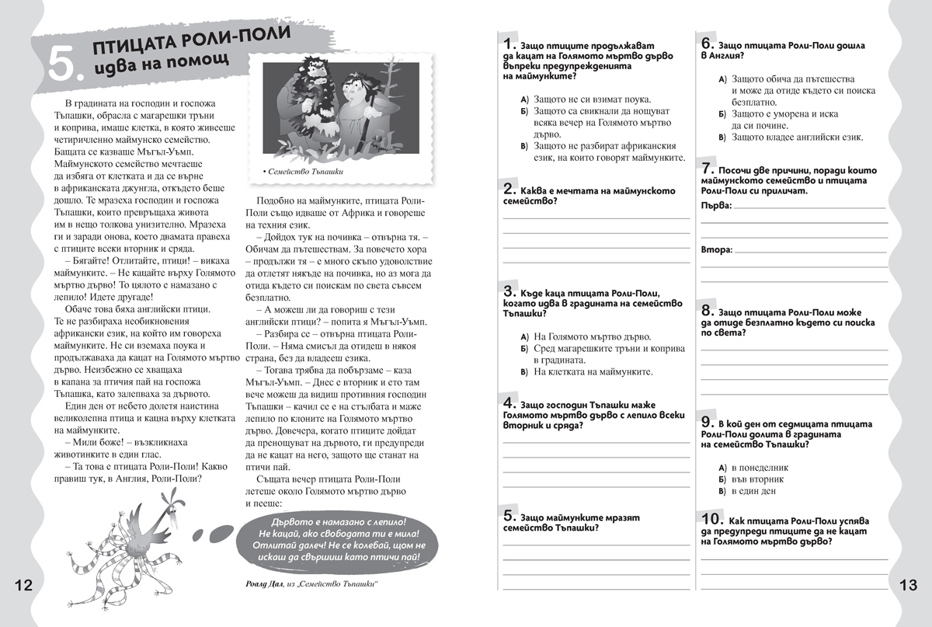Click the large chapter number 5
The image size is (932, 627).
[x=63, y=64]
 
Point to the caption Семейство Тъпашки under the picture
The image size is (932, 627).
[x=305, y=171]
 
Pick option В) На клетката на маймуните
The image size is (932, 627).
[x=586, y=372]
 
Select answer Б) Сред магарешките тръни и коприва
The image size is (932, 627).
[x=594, y=349]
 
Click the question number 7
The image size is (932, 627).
[x=708, y=168]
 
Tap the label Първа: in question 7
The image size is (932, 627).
[x=716, y=204]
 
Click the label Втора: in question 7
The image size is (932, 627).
[x=716, y=250]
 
